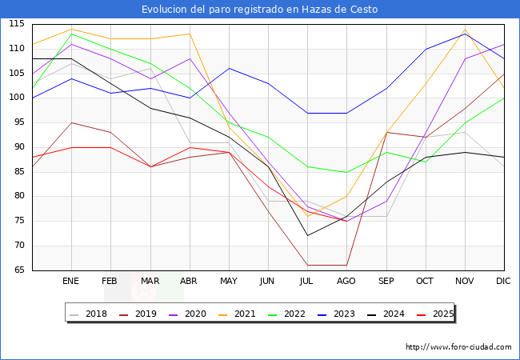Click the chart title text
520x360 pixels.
point(259,10)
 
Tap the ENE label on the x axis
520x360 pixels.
point(71,281)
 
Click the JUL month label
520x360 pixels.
point(307,281)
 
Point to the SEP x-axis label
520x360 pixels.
point(386,281)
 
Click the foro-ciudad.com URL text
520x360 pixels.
point(458,347)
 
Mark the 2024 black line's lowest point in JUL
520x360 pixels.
point(307,235)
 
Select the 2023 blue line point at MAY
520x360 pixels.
point(229,68)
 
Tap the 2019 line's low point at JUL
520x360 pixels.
point(307,265)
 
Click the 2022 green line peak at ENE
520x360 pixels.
point(71,34)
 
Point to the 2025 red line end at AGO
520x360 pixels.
point(346,221)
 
